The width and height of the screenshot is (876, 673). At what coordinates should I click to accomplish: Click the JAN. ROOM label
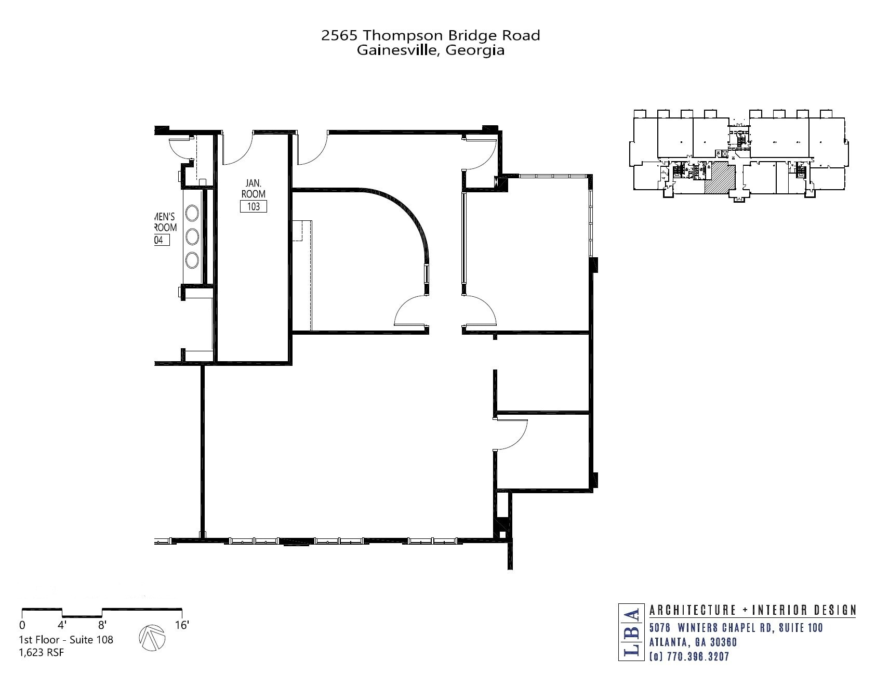[254, 188]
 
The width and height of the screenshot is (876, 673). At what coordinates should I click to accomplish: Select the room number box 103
[254, 206]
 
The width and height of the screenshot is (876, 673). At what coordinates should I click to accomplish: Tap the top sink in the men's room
[192, 214]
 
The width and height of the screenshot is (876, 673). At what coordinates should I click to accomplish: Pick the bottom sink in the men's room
[192, 260]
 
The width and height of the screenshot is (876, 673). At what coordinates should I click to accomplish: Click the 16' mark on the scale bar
[181, 625]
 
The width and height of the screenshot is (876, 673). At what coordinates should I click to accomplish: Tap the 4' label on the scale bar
[62, 625]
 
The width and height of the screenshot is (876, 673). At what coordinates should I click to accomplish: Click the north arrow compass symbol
[152, 637]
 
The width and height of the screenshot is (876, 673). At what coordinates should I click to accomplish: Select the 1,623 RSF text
[41, 653]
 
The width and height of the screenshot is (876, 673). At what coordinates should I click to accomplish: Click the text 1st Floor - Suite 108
[66, 640]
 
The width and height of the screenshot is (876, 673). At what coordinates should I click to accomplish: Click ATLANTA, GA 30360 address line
[693, 642]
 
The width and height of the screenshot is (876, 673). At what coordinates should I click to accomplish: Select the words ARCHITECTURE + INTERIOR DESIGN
[752, 610]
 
